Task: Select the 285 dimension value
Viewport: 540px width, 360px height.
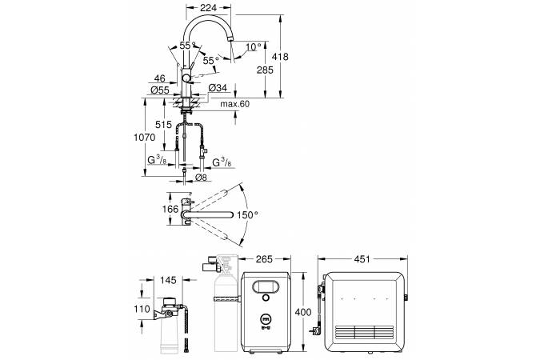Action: coord(264,70)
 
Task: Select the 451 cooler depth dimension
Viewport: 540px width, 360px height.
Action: coord(363,259)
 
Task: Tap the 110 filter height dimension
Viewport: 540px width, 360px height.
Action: coord(142,310)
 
